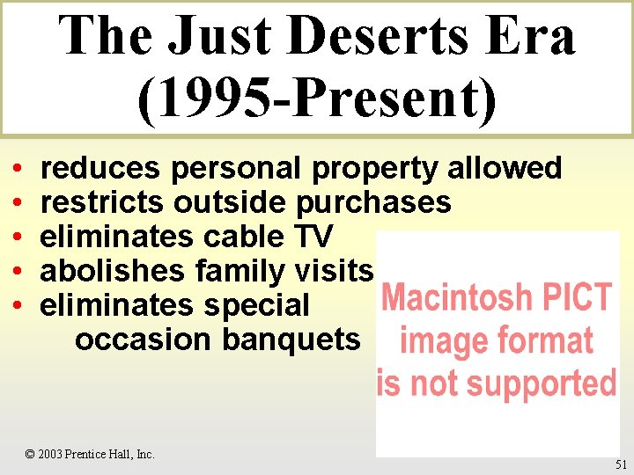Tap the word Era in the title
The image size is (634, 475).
tap(532, 37)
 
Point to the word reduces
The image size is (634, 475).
tap(100, 167)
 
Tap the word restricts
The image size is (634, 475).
tap(102, 201)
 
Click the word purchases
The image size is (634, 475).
tap(373, 201)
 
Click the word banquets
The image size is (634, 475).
tap(291, 339)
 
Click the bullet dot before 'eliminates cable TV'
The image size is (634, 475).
tap(18, 237)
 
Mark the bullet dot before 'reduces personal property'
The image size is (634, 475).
tap(18, 168)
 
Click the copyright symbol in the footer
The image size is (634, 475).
tap(30, 455)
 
